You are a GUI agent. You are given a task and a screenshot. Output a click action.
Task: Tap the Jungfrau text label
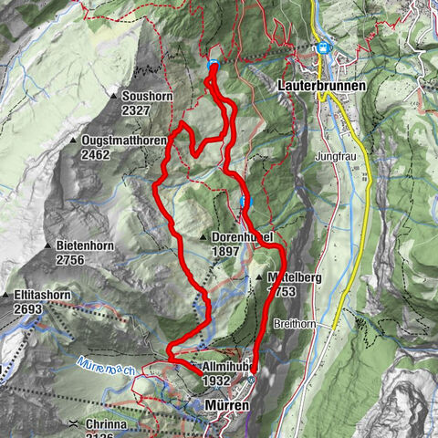pyautogui.click(x=334, y=157)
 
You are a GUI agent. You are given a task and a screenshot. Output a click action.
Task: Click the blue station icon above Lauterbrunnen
pyautogui.click(x=321, y=49)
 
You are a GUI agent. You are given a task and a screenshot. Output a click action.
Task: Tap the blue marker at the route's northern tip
pyautogui.click(x=213, y=64)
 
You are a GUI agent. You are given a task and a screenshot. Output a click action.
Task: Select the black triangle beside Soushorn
pyautogui.click(x=112, y=96)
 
